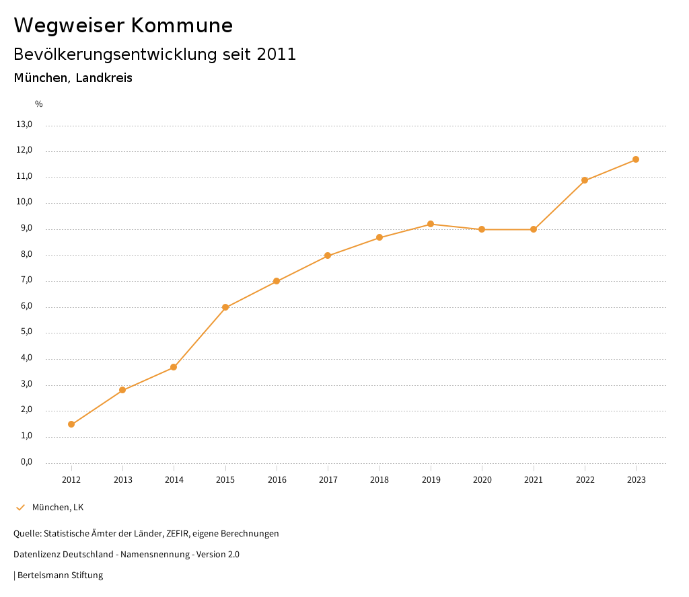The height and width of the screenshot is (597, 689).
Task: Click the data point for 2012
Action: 71,424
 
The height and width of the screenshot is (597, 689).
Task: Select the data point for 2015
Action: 225,307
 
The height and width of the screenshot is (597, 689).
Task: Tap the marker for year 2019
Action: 431,224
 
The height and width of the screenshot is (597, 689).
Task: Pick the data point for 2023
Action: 636,159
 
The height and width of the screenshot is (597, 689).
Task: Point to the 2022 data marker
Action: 585,180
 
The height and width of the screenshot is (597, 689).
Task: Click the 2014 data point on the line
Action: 174,367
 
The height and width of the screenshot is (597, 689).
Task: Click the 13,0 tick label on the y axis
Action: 24,124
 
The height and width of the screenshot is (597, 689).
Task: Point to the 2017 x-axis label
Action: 328,480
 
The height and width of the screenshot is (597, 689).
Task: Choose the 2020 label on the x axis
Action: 482,480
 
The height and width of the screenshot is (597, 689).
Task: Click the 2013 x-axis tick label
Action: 123,480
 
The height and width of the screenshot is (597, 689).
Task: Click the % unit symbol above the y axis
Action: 39,104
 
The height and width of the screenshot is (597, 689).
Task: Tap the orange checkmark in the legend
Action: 20,508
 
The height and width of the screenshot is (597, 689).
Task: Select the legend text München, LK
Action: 58,508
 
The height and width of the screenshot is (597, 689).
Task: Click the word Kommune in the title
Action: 182,26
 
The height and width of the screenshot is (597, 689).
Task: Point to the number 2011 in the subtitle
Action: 277,54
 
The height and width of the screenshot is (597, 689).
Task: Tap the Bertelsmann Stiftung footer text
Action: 60,575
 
